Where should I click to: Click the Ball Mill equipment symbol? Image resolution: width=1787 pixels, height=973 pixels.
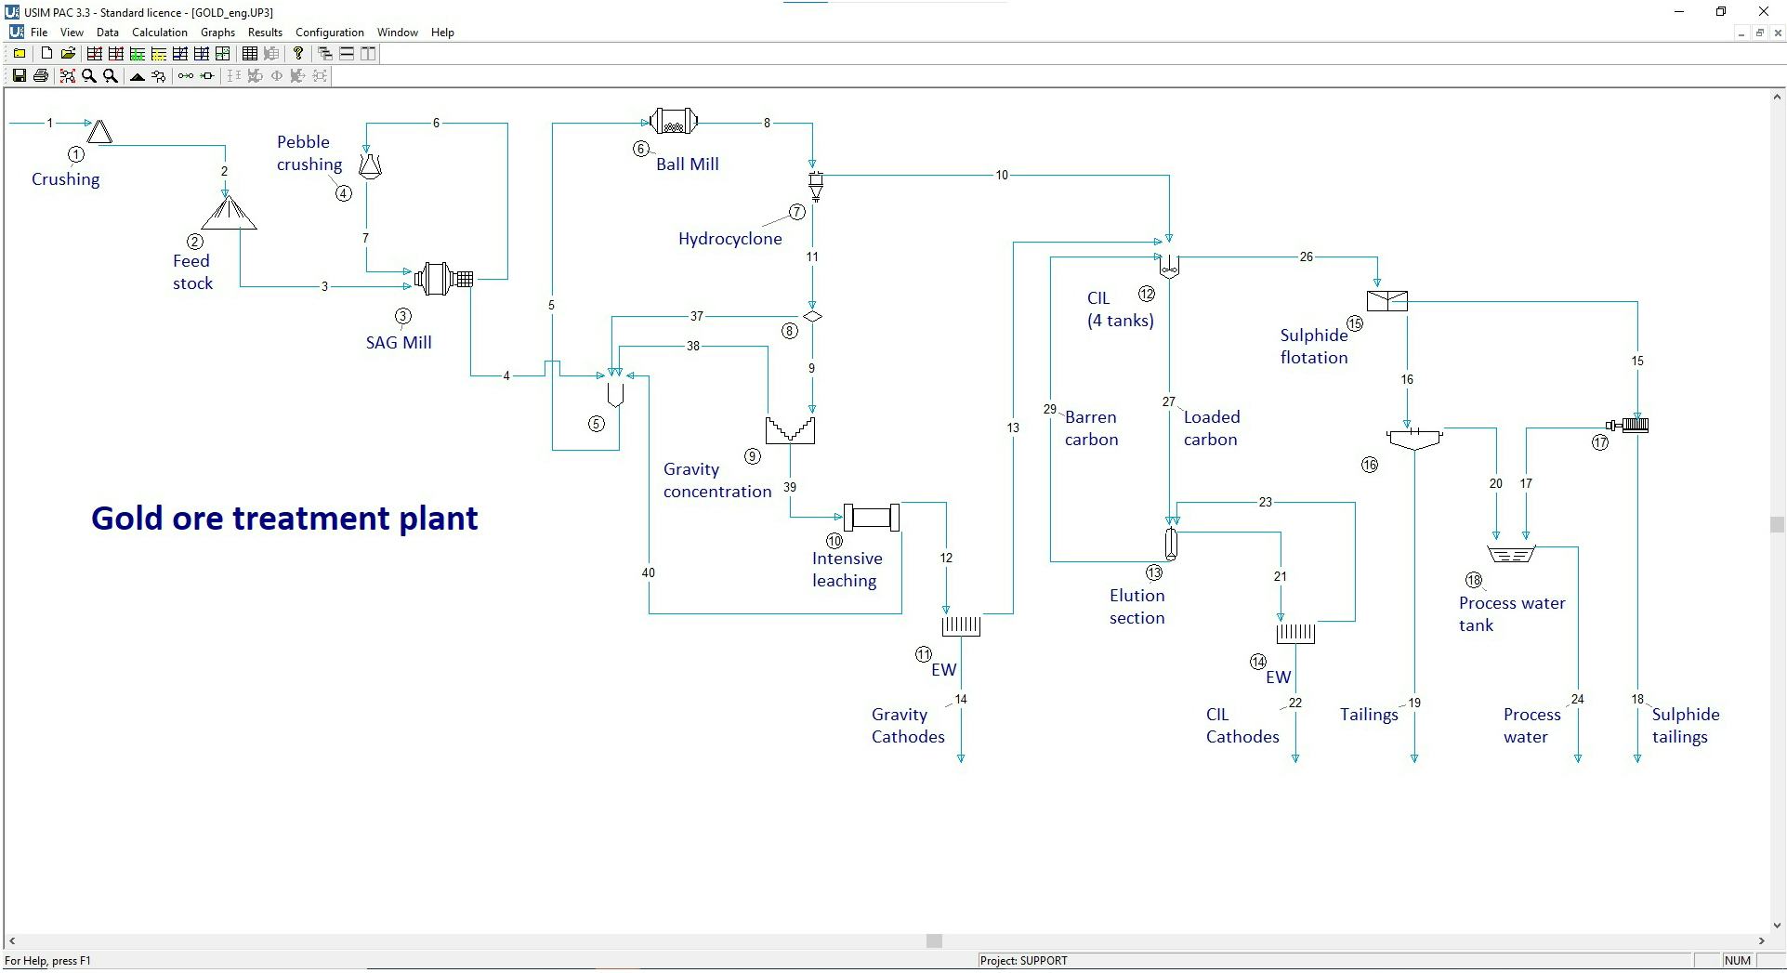tap(674, 122)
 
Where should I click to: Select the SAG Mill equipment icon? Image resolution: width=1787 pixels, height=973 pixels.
tap(444, 278)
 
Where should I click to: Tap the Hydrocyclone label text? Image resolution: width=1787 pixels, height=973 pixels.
tap(729, 239)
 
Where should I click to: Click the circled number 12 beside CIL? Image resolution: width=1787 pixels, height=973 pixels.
tap(1147, 295)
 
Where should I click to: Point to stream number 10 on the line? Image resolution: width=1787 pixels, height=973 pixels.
tap(1001, 175)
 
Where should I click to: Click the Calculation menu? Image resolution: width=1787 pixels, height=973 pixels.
tap(159, 33)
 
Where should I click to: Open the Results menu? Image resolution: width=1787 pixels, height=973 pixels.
tap(265, 33)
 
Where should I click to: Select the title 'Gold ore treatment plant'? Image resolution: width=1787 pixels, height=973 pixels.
tap(284, 519)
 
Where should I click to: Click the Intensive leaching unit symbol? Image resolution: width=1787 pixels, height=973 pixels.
tap(871, 517)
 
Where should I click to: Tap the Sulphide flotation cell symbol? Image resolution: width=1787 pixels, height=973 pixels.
tap(1386, 300)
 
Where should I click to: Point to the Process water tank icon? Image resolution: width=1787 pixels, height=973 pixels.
tap(1511, 554)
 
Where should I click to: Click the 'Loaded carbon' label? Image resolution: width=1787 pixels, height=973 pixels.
tap(1211, 428)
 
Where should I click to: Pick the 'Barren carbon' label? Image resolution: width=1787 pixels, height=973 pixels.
tap(1091, 428)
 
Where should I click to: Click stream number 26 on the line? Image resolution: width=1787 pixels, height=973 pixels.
tap(1306, 257)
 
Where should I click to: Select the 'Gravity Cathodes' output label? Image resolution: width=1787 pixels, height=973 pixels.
tap(907, 726)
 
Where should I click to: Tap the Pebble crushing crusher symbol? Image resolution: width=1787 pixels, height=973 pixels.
tap(370, 165)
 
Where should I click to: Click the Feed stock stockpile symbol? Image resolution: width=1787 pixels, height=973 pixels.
tap(229, 215)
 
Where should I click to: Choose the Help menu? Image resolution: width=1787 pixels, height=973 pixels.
tap(442, 33)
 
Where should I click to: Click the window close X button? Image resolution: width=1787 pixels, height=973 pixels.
tap(1763, 12)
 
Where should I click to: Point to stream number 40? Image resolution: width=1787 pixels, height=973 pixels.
tap(648, 572)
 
